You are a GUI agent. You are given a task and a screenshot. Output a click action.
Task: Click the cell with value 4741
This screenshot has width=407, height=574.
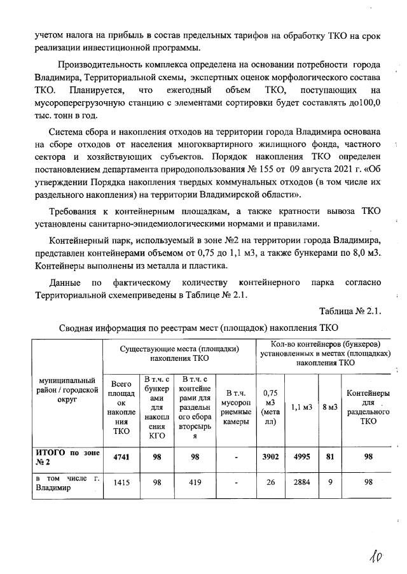pos(121,457)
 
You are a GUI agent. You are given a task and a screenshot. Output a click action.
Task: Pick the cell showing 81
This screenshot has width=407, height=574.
pos(329,457)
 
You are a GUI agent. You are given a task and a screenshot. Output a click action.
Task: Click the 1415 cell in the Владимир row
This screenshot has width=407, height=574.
pos(121,483)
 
